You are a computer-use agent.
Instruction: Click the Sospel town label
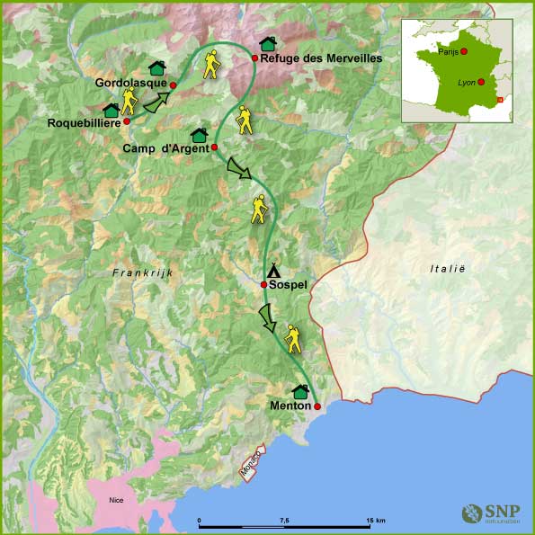click(x=289, y=285)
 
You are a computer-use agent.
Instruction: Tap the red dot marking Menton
click(x=317, y=406)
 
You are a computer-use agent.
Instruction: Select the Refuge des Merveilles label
click(x=321, y=58)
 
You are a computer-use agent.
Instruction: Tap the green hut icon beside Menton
click(x=300, y=392)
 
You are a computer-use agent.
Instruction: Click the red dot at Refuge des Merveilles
click(x=255, y=58)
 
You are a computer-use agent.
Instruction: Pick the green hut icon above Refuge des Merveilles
click(x=267, y=44)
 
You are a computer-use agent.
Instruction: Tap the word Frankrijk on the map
click(x=141, y=272)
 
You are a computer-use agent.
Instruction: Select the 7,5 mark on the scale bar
click(x=284, y=521)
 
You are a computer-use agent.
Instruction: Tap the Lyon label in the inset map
click(x=466, y=83)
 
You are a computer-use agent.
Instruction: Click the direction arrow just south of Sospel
click(x=267, y=317)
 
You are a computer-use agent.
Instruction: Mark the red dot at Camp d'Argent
click(x=214, y=147)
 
